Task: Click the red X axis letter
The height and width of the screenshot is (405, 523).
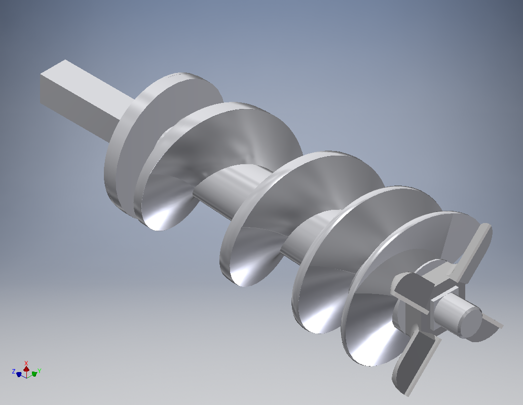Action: point(26,363)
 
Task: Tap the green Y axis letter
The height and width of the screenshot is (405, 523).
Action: point(39,371)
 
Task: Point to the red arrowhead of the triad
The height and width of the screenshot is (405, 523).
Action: point(26,369)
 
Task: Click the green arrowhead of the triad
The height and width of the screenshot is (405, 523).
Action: point(34,374)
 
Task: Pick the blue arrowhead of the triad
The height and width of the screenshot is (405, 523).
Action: point(19,375)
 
